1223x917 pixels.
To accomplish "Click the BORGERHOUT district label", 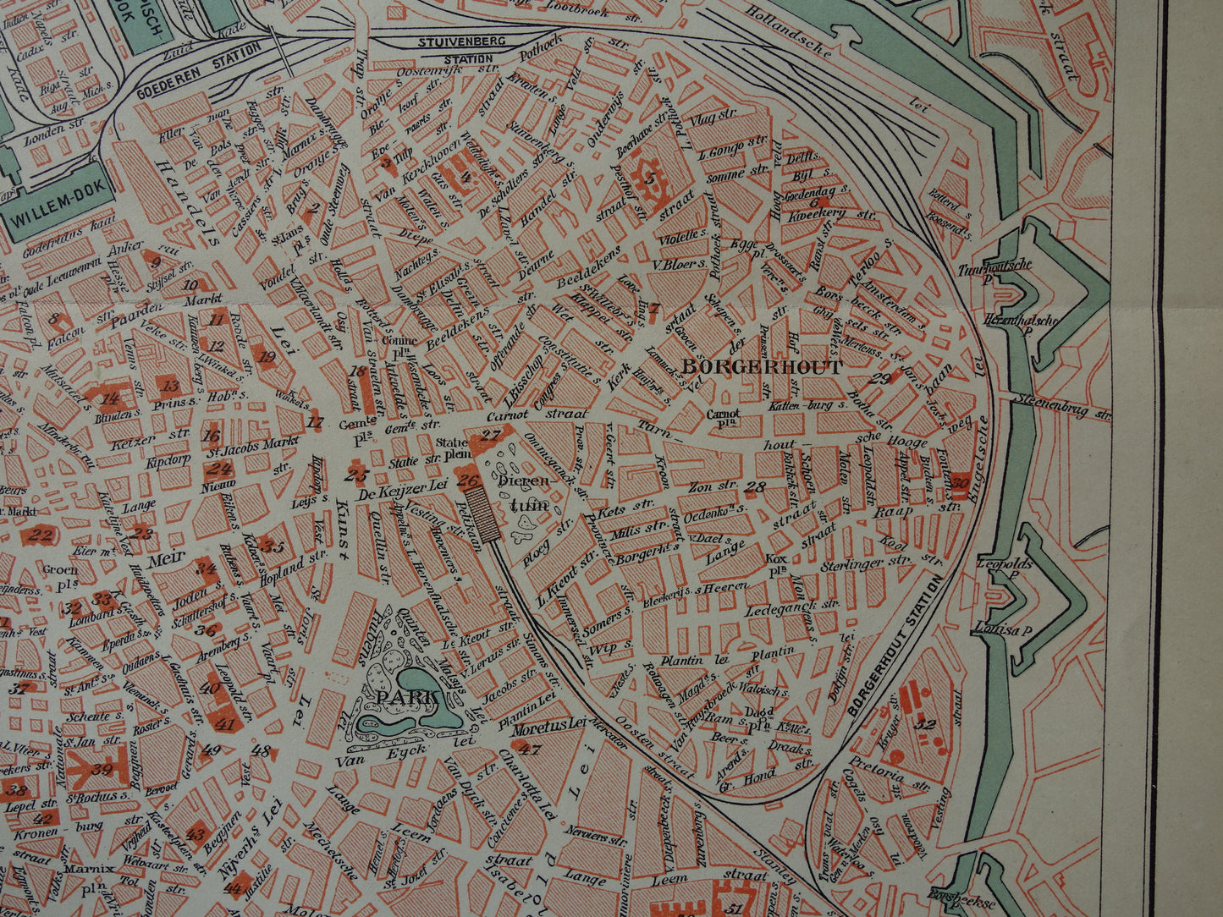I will (762, 367).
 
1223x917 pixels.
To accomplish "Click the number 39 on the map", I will (102, 768).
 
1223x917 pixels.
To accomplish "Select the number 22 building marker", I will (41, 534).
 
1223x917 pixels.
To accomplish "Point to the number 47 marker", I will (530, 749).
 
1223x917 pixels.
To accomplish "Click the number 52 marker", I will (925, 724).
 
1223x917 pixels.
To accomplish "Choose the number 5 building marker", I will (650, 178).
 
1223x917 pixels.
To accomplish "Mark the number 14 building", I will (110, 398).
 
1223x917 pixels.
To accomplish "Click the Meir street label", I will (165, 560).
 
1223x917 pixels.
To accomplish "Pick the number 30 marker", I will (959, 484).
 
